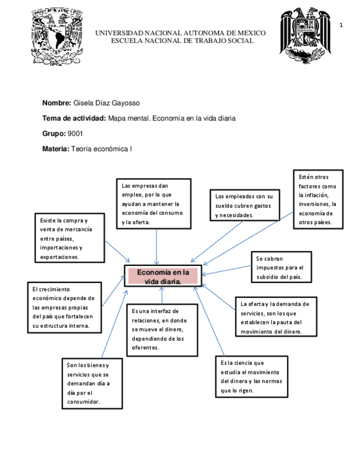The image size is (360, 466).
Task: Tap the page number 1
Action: (341, 25)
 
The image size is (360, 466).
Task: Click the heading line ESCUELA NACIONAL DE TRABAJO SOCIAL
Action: (182, 41)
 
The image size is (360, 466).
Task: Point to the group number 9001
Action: (75, 134)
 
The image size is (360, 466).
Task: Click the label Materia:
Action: (56, 149)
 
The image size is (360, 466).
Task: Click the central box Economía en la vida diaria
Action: (163, 276)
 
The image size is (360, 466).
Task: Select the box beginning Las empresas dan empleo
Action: (154, 203)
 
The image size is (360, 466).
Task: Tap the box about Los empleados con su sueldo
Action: (245, 205)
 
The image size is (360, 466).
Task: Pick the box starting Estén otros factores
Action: (318, 199)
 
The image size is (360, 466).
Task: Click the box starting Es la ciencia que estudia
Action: (251, 376)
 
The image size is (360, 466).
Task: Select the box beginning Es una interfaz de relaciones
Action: (161, 329)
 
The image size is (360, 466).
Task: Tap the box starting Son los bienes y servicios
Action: (92, 383)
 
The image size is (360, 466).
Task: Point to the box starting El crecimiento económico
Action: (64, 307)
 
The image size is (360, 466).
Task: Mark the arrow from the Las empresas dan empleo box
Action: (157, 247)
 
